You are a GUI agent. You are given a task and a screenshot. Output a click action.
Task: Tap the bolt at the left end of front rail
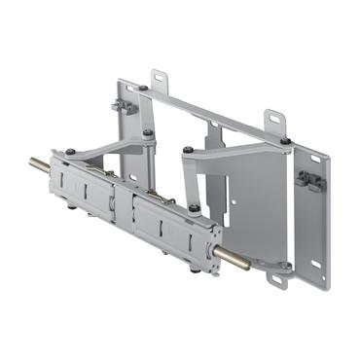[x=70, y=152]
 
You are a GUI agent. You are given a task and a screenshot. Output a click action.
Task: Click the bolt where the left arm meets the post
[x=148, y=133]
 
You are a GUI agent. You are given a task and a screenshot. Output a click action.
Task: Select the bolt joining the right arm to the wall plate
[x=285, y=142]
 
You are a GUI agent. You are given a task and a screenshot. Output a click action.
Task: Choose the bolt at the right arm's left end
[x=188, y=150]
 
